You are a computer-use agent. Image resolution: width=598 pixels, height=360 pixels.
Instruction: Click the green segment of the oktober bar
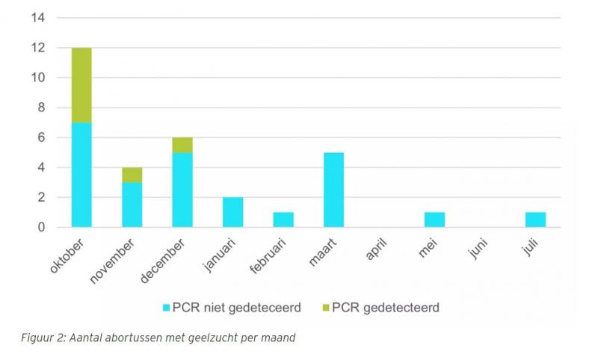81,84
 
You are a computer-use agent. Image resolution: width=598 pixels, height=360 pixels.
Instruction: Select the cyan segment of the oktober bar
81,174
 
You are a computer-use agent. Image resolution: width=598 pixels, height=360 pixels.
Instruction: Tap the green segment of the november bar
132,174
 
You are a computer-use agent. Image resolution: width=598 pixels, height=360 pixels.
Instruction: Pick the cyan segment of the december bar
182,189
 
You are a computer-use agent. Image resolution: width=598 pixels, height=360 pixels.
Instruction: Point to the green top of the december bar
182,145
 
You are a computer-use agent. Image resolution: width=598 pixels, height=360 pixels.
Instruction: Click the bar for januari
232,211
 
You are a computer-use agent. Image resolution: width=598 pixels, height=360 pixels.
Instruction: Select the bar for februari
283,219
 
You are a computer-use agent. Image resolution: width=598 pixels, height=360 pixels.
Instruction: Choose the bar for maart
333,189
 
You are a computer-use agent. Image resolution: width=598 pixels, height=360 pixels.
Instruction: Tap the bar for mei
435,219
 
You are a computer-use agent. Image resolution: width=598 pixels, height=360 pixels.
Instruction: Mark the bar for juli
536,219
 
